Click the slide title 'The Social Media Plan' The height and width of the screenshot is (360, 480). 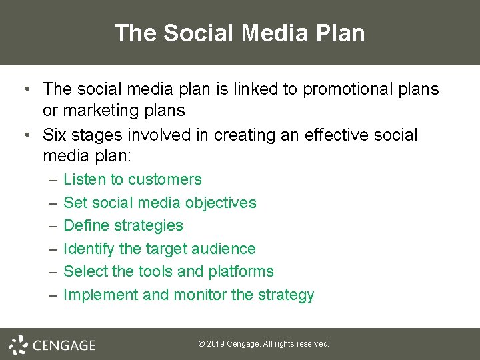point(239,33)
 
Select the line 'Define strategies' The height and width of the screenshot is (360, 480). point(123,225)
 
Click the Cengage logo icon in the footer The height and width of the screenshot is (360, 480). point(18,344)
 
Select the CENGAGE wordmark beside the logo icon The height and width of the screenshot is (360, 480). point(64,345)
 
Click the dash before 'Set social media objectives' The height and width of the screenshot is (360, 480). point(53,203)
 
